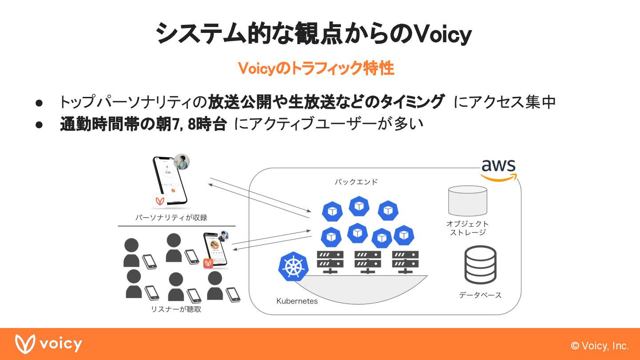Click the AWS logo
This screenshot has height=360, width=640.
tap(499, 170)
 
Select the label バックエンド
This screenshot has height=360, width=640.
tap(356, 182)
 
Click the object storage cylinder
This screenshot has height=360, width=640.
tap(468, 200)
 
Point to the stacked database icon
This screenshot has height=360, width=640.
tap(480, 265)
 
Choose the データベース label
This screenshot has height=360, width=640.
tap(480, 295)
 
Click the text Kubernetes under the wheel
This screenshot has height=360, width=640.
tap(297, 301)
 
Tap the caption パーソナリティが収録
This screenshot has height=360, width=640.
tap(171, 217)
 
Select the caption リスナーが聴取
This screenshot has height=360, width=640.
tap(176, 309)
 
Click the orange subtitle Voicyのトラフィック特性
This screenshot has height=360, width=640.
tap(316, 68)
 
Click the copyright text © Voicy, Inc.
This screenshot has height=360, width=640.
tap(600, 346)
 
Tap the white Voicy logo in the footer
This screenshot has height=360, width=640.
tap(48, 344)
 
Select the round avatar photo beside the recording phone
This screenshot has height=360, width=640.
tap(182, 162)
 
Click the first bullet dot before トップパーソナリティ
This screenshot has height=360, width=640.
tap(39, 102)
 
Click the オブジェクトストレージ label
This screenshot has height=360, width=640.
tap(468, 228)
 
